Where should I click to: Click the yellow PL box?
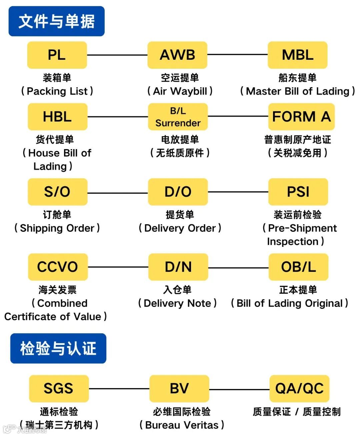pos(57,55)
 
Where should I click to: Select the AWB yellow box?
pos(177,55)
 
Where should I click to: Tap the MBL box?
pos(297,55)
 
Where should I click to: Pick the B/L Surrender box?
pos(178,117)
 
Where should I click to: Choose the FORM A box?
pos(301,117)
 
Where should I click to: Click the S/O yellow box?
pos(57,192)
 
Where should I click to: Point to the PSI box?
pos(298,192)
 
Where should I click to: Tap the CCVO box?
pos(58,267)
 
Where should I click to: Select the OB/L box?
pos(298,267)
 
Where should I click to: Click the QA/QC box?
pos(299,389)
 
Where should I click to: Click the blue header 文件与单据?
pos(56,21)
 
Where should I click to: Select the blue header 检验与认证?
pos(58,348)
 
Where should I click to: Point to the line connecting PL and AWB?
pos(117,55)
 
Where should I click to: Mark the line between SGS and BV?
pos(119,389)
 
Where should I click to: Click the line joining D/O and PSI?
pos(238,192)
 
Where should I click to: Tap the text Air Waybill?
pos(180,91)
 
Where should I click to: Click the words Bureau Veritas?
pos(182,425)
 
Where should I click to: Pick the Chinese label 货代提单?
pos(55,139)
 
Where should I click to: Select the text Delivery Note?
pos(177,303)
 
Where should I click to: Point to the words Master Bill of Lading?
pos(297,91)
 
